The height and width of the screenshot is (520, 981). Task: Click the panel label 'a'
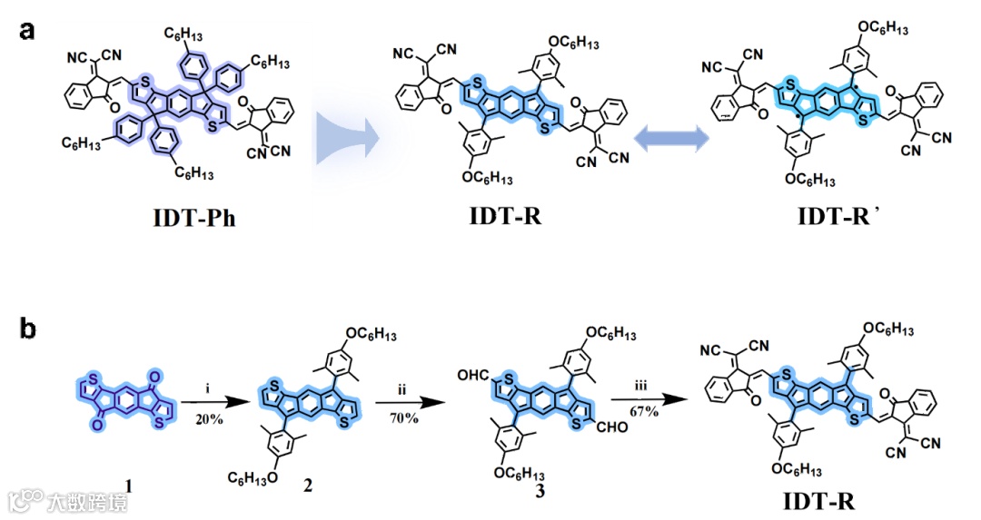pos(28,30)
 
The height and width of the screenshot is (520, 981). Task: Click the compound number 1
pos(129,488)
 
